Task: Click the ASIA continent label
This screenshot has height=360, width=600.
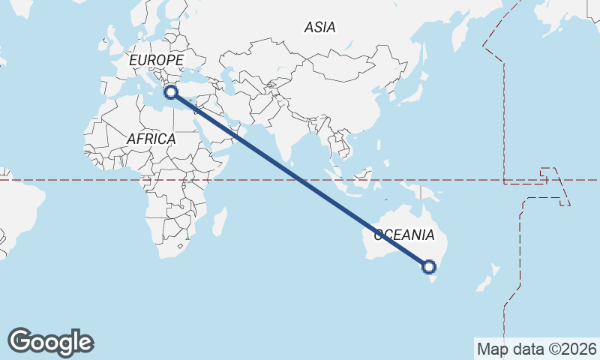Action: click(319, 28)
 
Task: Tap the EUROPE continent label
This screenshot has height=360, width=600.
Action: click(156, 60)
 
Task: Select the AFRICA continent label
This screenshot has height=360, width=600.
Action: click(151, 139)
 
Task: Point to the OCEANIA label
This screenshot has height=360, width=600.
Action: click(403, 235)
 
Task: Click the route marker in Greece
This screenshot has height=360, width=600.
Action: click(171, 92)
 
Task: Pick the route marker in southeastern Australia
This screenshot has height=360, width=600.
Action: click(429, 266)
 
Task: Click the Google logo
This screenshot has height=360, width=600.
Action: click(50, 342)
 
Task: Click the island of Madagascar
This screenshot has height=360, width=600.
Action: click(219, 222)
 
